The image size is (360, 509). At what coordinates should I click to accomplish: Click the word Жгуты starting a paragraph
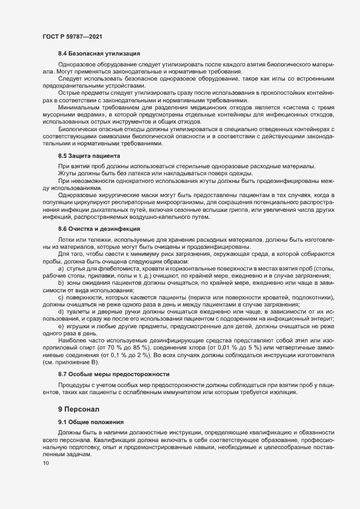click(67, 173)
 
